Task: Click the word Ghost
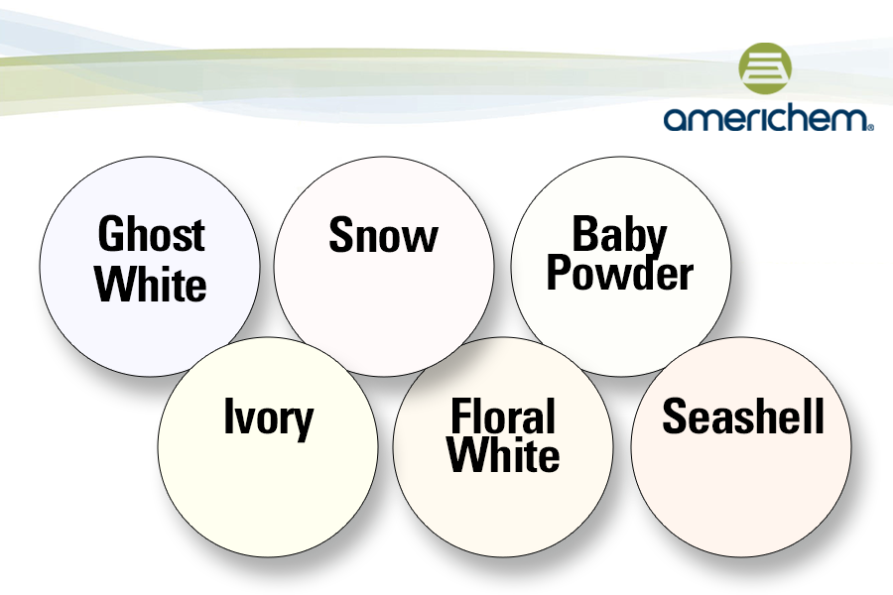pos(151,235)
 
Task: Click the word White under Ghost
pos(151,285)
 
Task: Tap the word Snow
pos(383,236)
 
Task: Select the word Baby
pos(619,236)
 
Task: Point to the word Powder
pos(619,274)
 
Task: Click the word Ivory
pos(268,419)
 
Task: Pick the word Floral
pos(503,417)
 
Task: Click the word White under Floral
pos(503,456)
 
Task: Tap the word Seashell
pos(743,417)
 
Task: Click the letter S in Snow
pos(341,236)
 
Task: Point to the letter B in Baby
pos(585,235)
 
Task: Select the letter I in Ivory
pos(227,417)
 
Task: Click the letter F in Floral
pos(460,417)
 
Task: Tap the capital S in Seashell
pos(674,417)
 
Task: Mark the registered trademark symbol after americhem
pos(870,127)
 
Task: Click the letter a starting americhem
pos(675,120)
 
